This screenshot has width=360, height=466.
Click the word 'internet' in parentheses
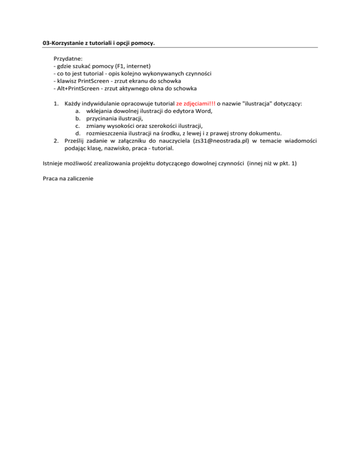click(x=137, y=66)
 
